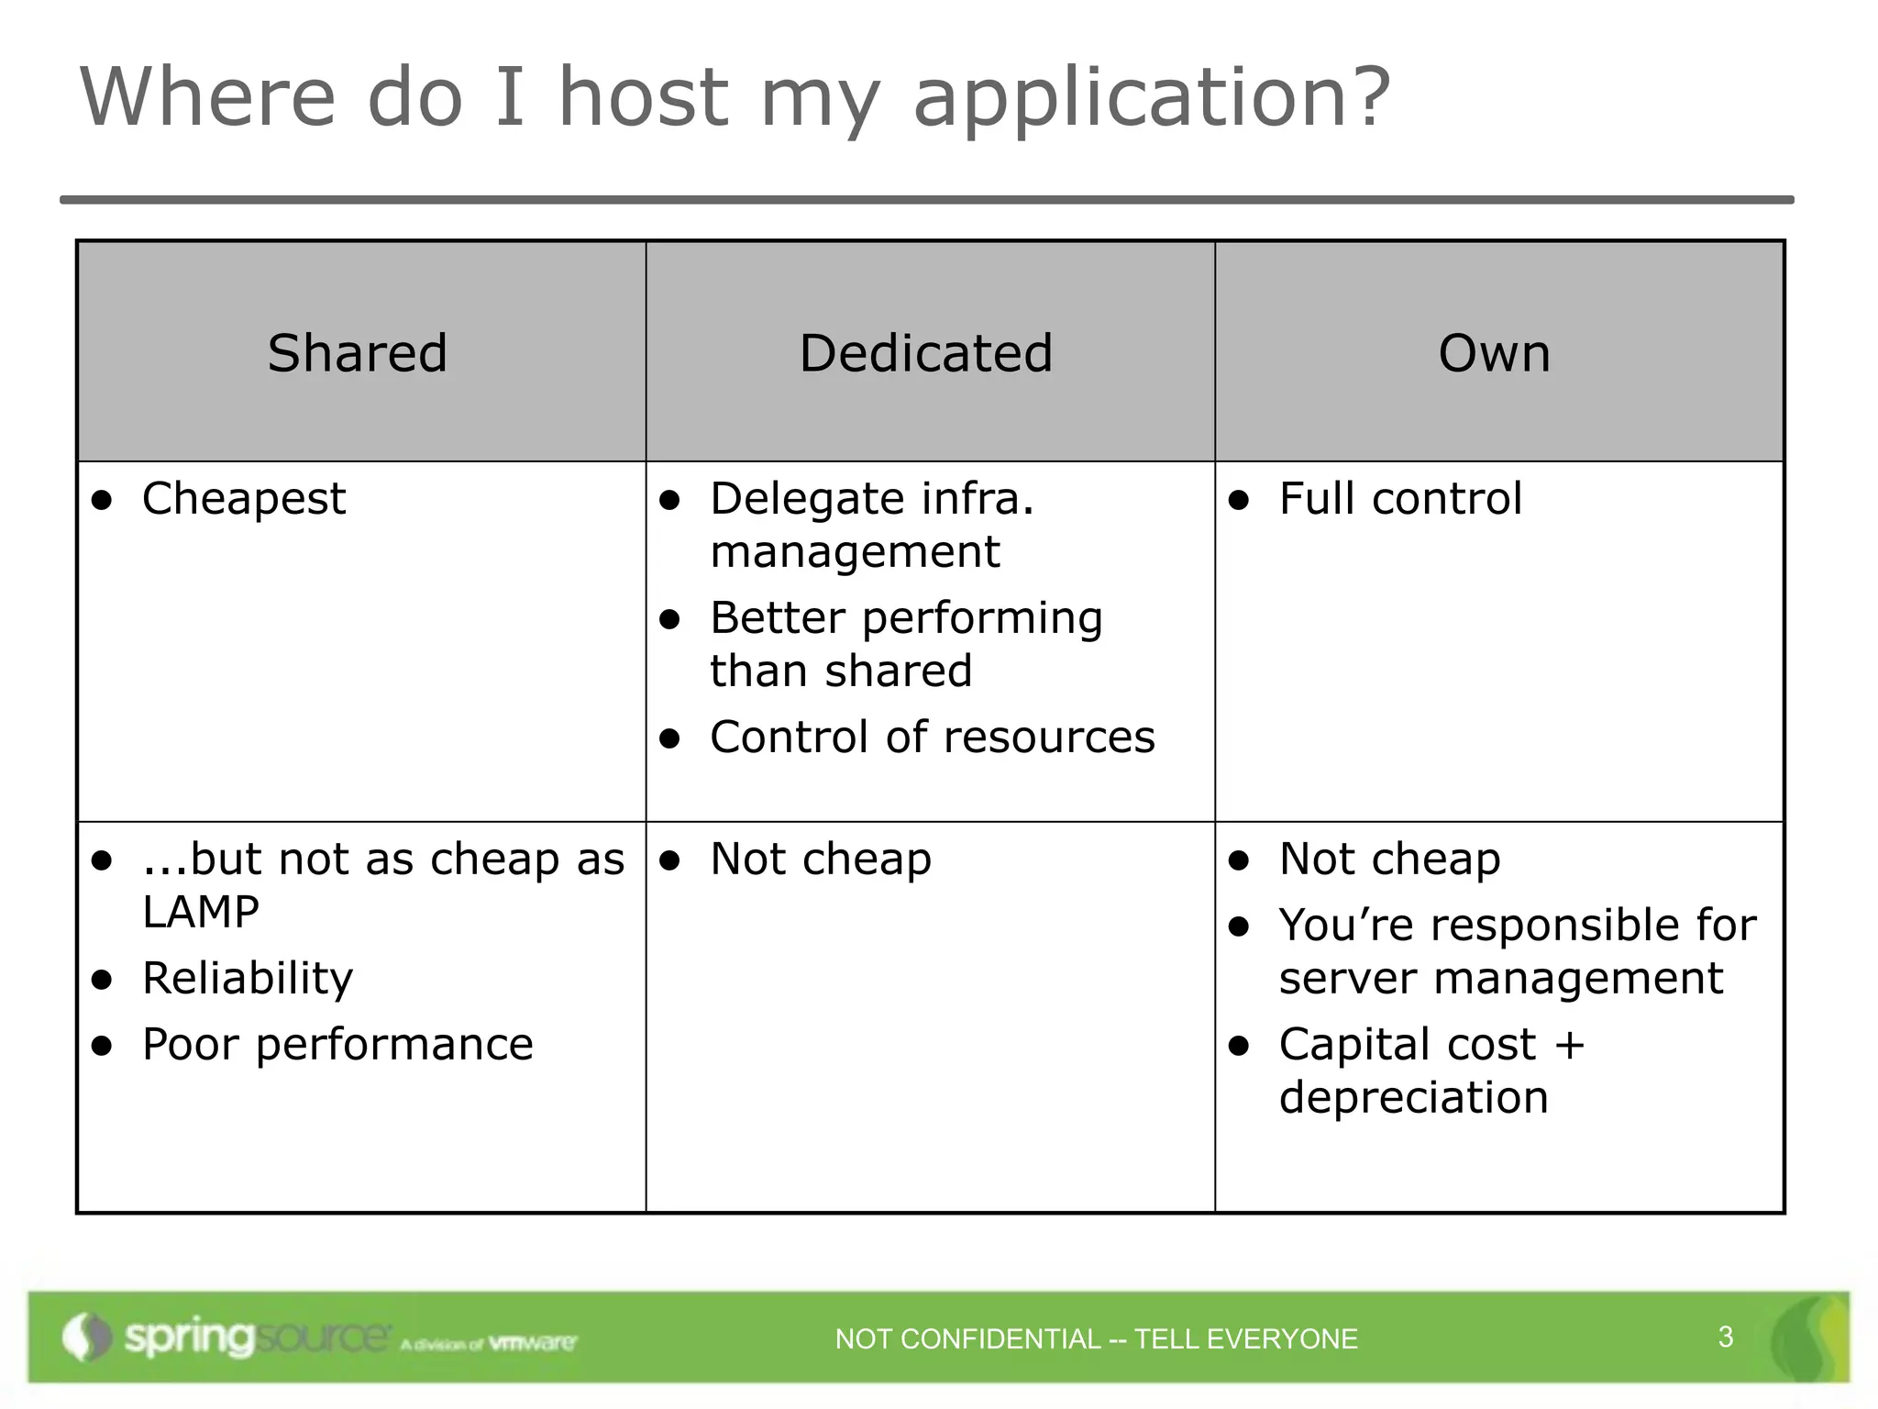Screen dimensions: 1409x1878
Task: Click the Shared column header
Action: click(x=357, y=353)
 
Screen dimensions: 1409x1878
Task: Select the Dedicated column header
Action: click(x=925, y=353)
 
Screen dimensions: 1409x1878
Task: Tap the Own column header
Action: click(x=1494, y=353)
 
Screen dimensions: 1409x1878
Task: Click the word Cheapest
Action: click(x=244, y=500)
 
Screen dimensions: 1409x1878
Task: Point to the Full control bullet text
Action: click(x=1400, y=499)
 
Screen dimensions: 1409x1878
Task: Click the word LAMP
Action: click(x=201, y=912)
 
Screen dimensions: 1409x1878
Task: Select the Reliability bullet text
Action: click(x=248, y=979)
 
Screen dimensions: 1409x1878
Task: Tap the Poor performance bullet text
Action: click(x=337, y=1045)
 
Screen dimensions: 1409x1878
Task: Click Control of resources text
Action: click(x=932, y=738)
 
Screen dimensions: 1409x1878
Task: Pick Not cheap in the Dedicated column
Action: click(x=821, y=860)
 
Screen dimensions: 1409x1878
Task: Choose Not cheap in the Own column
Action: click(x=1389, y=860)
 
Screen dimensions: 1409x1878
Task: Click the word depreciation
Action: click(x=1413, y=1098)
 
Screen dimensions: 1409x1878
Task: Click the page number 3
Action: click(x=1725, y=1337)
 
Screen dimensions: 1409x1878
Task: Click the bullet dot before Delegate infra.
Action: click(x=670, y=501)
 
